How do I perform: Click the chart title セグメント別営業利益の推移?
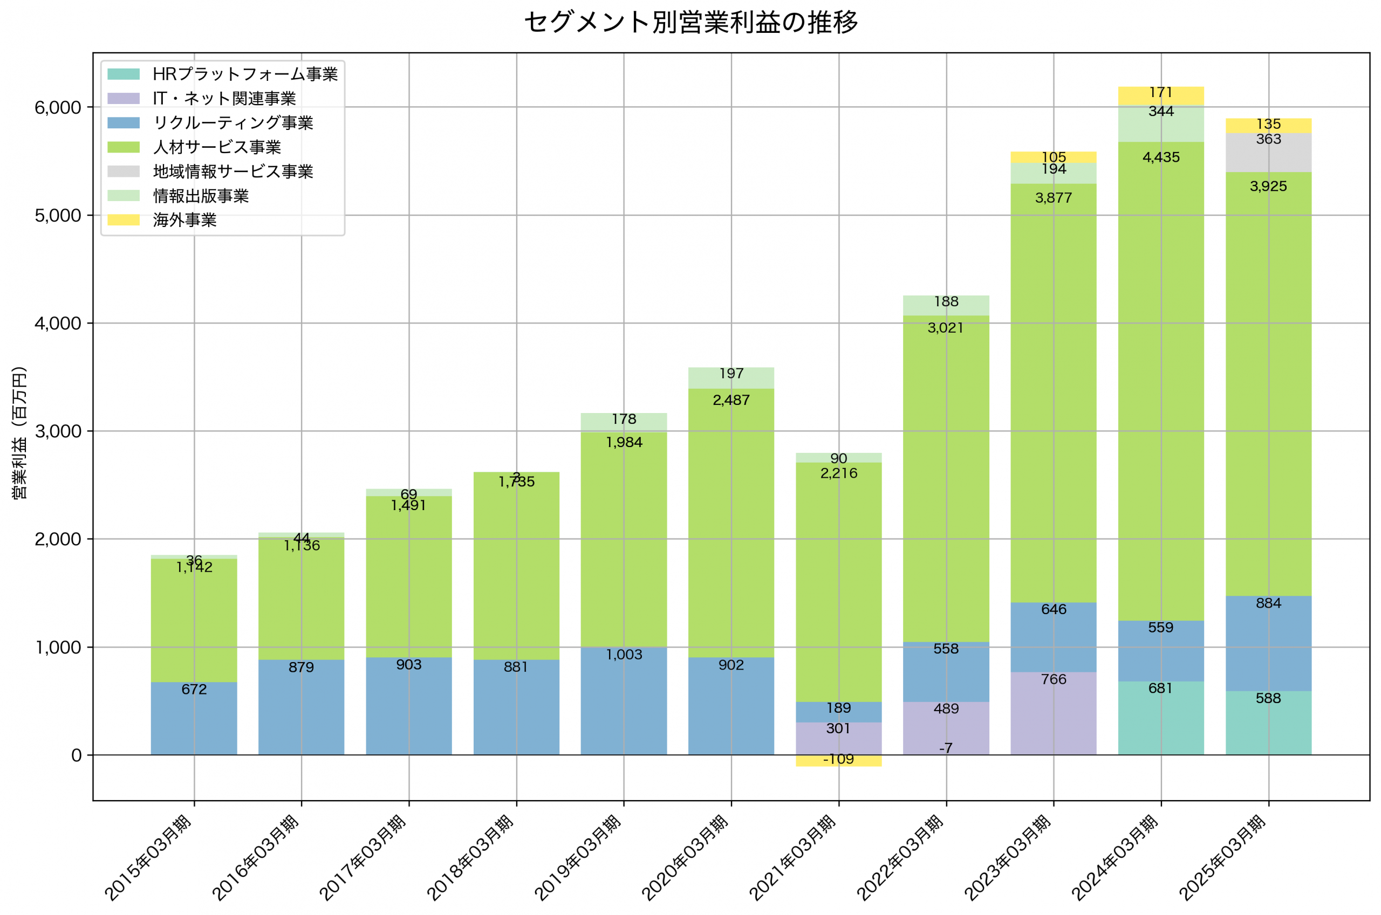coord(690,23)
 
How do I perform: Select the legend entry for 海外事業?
coord(184,220)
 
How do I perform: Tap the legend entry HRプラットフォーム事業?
coord(244,74)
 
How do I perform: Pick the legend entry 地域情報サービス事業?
coord(233,171)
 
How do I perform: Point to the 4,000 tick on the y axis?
coord(57,324)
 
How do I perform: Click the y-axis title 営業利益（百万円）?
coord(19,432)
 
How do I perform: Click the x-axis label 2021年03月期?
coord(792,858)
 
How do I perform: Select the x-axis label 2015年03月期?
coord(147,858)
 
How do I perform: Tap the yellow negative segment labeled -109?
coord(838,761)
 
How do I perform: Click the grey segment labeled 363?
coord(1268,153)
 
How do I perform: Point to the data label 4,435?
coord(1160,157)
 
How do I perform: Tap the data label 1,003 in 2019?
coord(624,655)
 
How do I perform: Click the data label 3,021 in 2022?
coord(946,328)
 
